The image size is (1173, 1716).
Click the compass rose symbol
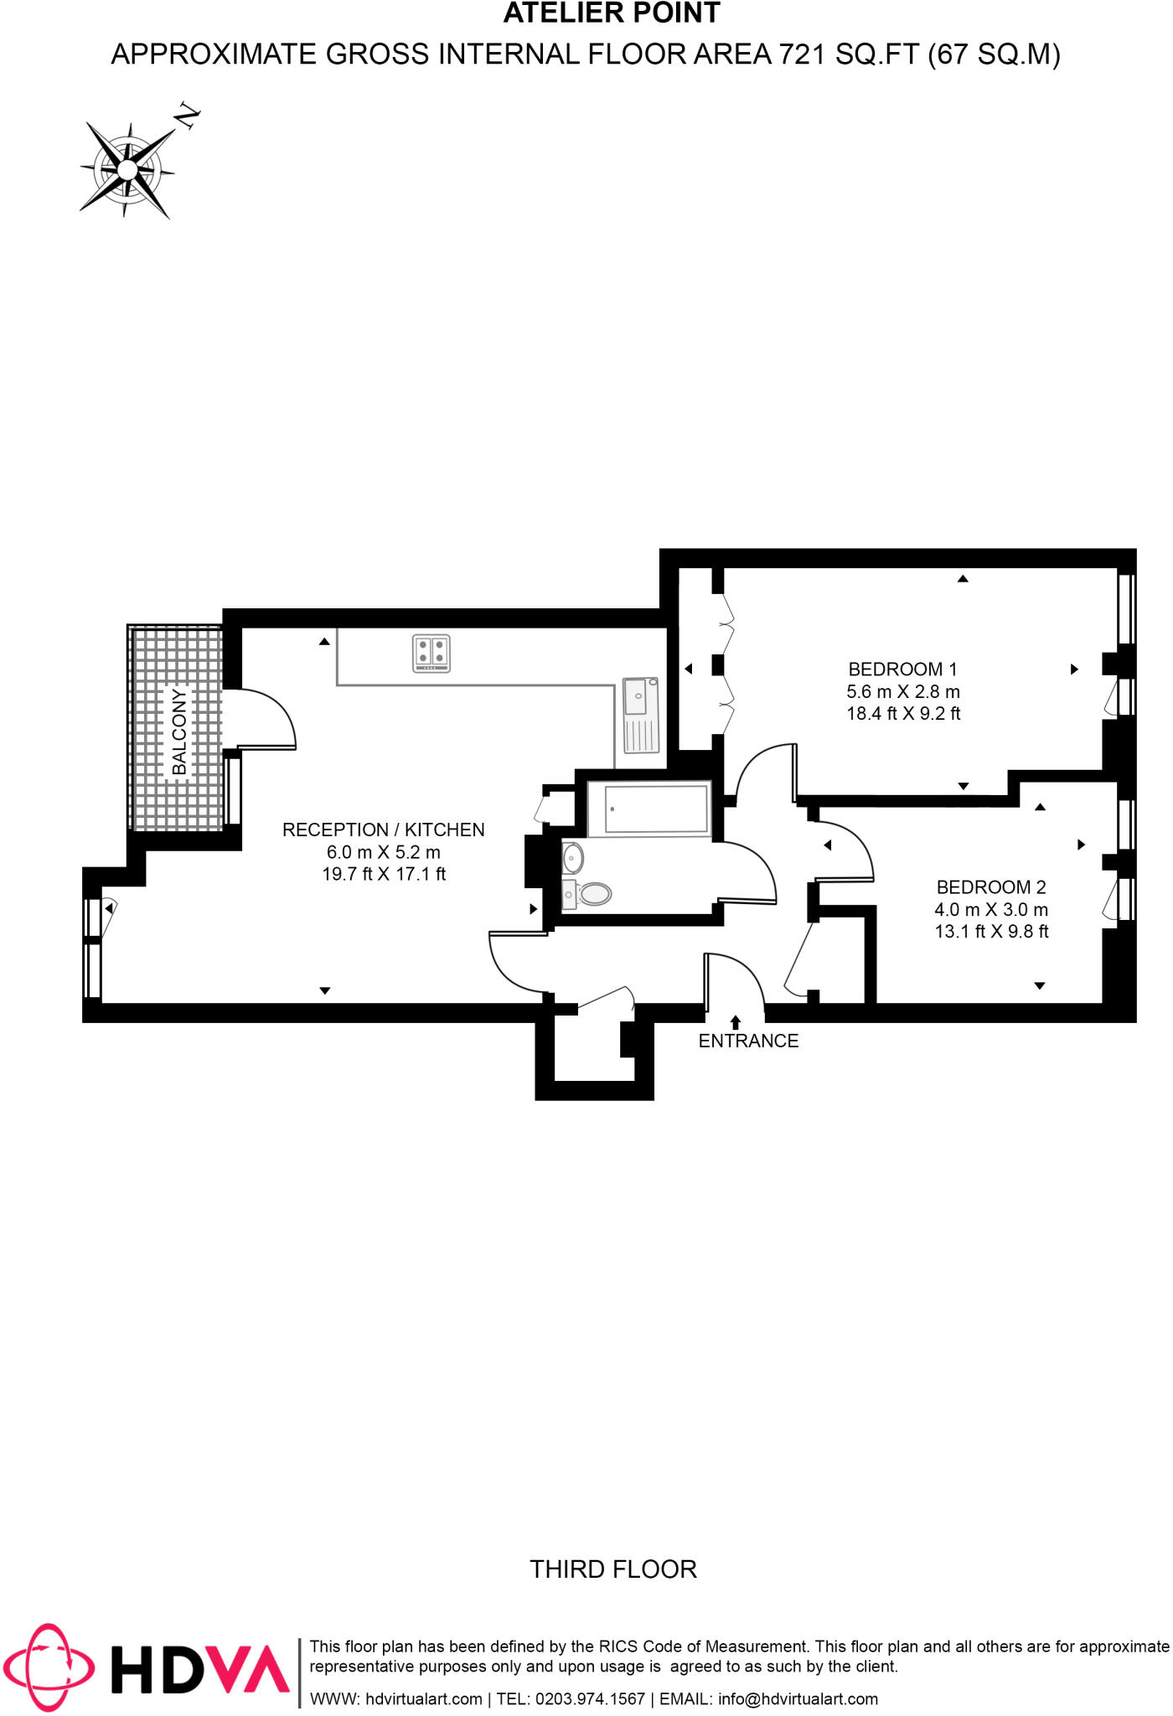(128, 170)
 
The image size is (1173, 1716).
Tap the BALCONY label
(179, 731)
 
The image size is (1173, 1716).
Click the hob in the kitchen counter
(431, 653)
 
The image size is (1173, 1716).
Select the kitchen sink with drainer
(641, 715)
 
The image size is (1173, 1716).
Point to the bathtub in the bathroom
(649, 809)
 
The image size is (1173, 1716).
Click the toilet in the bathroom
(591, 893)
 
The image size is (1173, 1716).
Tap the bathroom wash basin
(574, 858)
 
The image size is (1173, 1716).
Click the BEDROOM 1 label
(902, 669)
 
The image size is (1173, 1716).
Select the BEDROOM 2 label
(991, 886)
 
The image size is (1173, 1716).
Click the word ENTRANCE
(748, 1041)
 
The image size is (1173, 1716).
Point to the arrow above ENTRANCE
(736, 1021)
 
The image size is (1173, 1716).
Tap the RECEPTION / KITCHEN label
(384, 830)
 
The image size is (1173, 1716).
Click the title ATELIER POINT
(612, 13)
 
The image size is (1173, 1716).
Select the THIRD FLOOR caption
(613, 1569)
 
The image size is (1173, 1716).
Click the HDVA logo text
(201, 1669)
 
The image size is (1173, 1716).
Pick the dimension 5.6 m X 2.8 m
(903, 691)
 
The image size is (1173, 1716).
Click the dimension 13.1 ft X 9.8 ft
(991, 931)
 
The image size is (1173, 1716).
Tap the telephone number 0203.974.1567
(590, 1698)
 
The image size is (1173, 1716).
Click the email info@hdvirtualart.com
(798, 1698)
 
